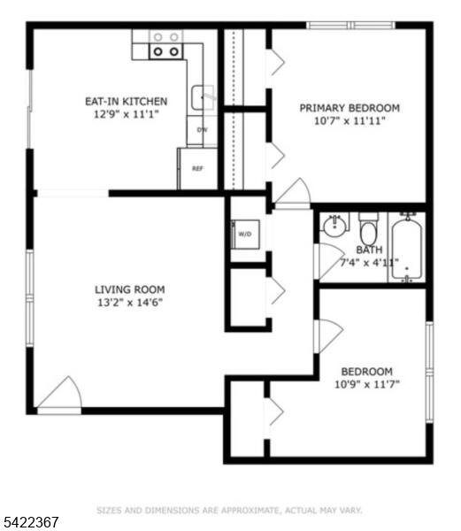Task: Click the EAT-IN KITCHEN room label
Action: click(x=126, y=101)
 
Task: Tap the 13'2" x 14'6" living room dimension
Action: click(x=130, y=302)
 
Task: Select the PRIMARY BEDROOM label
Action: click(x=350, y=108)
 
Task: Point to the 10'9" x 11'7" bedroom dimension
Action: click(x=367, y=384)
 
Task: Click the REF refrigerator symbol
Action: click(x=197, y=169)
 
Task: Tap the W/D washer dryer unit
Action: click(x=245, y=235)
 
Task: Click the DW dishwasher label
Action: click(x=202, y=130)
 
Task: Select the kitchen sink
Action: click(x=203, y=97)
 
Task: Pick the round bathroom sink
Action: click(x=334, y=226)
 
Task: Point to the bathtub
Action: click(x=407, y=248)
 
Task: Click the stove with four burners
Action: click(x=165, y=44)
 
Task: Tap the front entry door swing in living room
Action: click(x=59, y=395)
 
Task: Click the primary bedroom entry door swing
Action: click(x=293, y=193)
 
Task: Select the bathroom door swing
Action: click(x=329, y=261)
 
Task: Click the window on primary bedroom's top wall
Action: click(x=351, y=25)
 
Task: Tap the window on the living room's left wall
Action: click(x=30, y=298)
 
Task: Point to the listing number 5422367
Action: click(x=29, y=522)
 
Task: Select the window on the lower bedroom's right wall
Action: click(x=429, y=372)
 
